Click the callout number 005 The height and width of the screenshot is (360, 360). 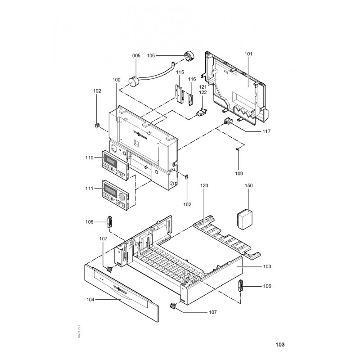(x=136, y=55)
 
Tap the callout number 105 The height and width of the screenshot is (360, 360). (x=151, y=55)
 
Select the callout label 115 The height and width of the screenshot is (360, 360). (x=180, y=72)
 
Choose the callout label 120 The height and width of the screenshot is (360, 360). (x=205, y=185)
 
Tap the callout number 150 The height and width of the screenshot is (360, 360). (x=249, y=185)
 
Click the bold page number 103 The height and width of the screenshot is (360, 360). (x=279, y=345)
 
